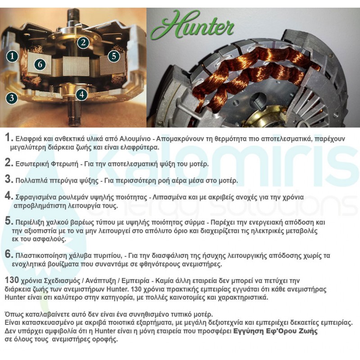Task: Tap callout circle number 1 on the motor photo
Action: click(x=12, y=56)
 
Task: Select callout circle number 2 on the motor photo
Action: click(x=82, y=42)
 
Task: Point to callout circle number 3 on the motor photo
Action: click(x=12, y=98)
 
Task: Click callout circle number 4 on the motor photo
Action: click(x=81, y=94)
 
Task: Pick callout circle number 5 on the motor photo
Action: click(x=113, y=56)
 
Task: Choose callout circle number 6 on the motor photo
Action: click(x=40, y=64)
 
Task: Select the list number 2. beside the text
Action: click(x=9, y=162)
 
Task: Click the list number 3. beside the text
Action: click(x=9, y=179)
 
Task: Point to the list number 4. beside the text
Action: click(x=9, y=196)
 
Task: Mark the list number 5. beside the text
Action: click(x=9, y=222)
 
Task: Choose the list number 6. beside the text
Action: click(x=9, y=255)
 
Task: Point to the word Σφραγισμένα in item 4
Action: click(x=36, y=197)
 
